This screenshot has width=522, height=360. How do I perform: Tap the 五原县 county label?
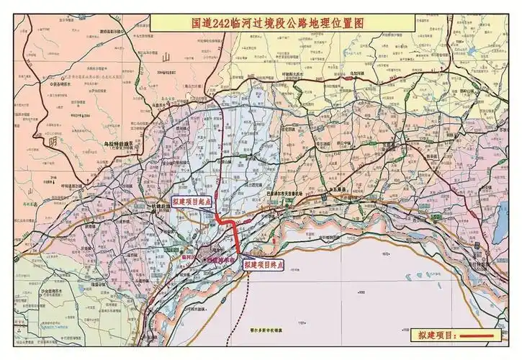coord(338,188)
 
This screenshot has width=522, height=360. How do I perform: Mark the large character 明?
coord(52,142)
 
